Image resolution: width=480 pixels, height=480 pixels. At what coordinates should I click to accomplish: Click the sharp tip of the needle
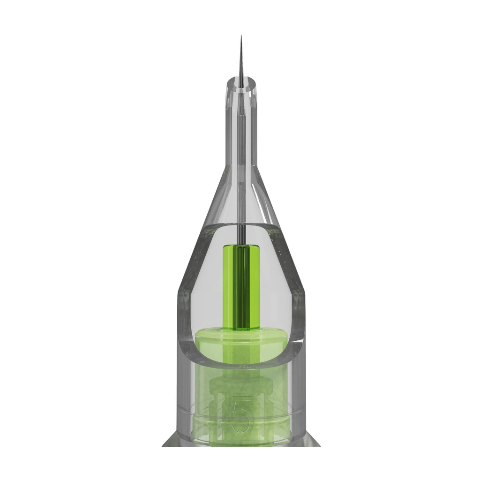[241, 36]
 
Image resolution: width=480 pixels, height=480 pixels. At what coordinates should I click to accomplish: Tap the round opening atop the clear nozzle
[241, 83]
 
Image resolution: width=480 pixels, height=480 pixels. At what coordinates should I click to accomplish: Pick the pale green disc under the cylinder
[241, 340]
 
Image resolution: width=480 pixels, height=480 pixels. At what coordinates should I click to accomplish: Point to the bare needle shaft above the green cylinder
[241, 234]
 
